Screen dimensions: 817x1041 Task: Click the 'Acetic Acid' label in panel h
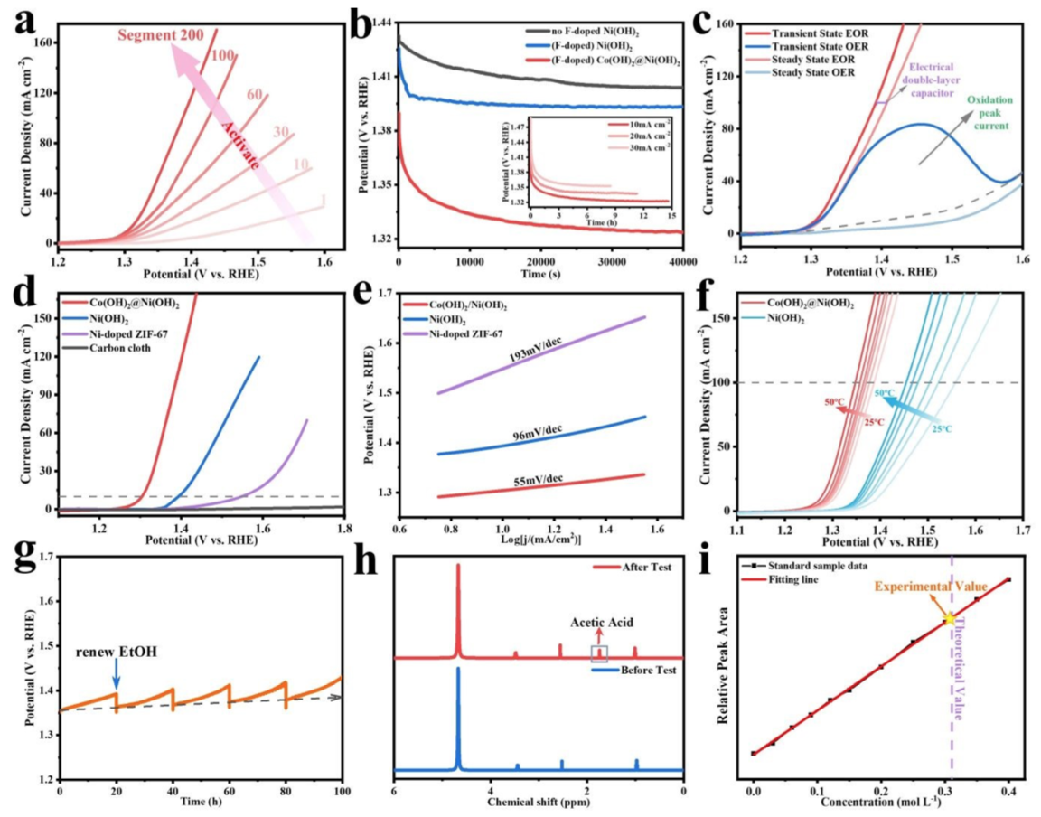[x=601, y=624]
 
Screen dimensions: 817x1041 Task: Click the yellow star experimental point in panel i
[x=949, y=619]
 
